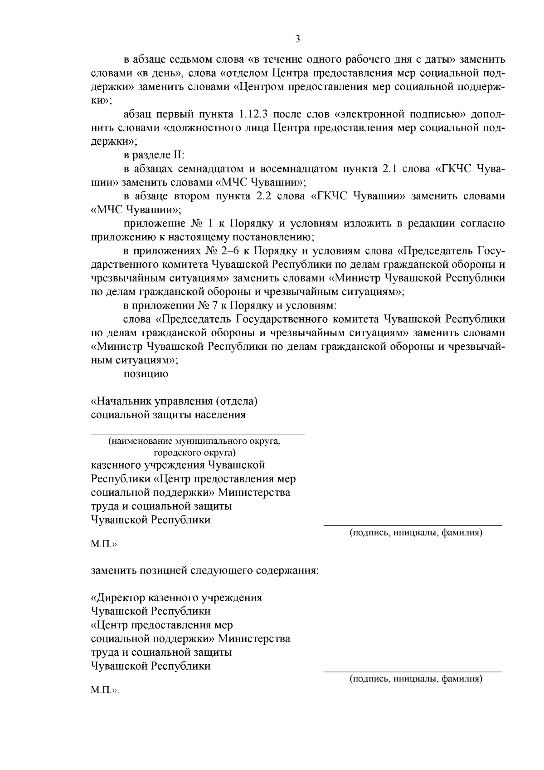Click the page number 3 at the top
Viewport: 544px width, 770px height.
click(297, 39)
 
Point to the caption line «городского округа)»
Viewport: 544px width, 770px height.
click(194, 453)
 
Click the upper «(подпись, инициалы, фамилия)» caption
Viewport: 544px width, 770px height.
click(415, 533)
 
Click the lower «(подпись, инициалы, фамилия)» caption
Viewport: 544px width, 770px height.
click(415, 679)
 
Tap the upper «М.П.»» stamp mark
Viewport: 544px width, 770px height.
click(104, 544)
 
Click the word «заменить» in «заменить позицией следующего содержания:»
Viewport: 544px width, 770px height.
click(114, 570)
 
